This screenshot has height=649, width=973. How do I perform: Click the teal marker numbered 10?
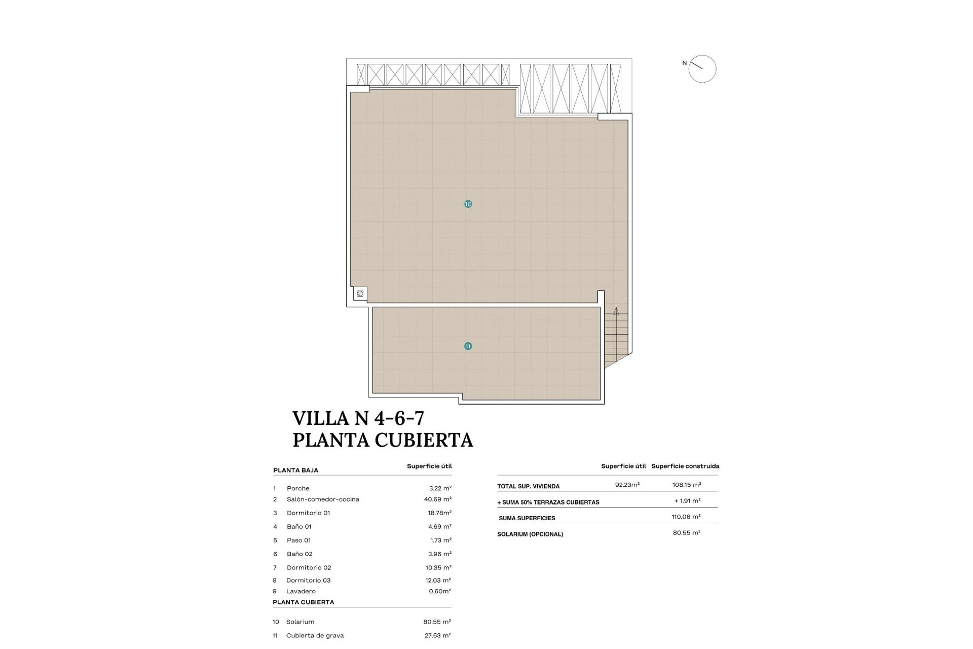point(468,204)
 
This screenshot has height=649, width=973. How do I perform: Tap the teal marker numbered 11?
point(468,346)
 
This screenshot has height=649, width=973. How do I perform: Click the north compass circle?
point(702,69)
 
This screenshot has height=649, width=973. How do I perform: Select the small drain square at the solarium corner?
point(360,294)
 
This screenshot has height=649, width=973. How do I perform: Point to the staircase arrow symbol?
point(616,311)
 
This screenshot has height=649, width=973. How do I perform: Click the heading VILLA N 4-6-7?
point(358,418)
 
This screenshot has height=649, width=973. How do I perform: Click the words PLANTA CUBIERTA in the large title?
point(383,440)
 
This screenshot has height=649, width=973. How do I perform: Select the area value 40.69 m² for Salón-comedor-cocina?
point(437,499)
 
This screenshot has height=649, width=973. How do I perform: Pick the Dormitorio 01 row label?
point(308,513)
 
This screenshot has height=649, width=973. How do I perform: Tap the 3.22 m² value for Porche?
point(440,488)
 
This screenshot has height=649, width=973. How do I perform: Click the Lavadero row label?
point(301,591)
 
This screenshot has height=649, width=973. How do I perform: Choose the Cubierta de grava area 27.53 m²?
point(437,635)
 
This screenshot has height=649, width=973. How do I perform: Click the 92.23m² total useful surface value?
point(627,485)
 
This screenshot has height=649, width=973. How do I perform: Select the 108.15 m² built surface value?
point(687,485)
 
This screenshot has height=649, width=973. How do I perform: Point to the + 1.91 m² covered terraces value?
point(687,500)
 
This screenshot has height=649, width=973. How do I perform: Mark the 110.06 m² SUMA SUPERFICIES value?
point(686,517)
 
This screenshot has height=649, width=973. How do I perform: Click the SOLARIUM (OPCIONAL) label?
point(530,534)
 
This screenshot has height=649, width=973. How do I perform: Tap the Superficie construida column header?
point(685,466)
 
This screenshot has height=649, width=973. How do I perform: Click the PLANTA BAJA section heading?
point(295,470)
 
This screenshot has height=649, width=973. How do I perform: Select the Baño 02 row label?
point(300,554)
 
